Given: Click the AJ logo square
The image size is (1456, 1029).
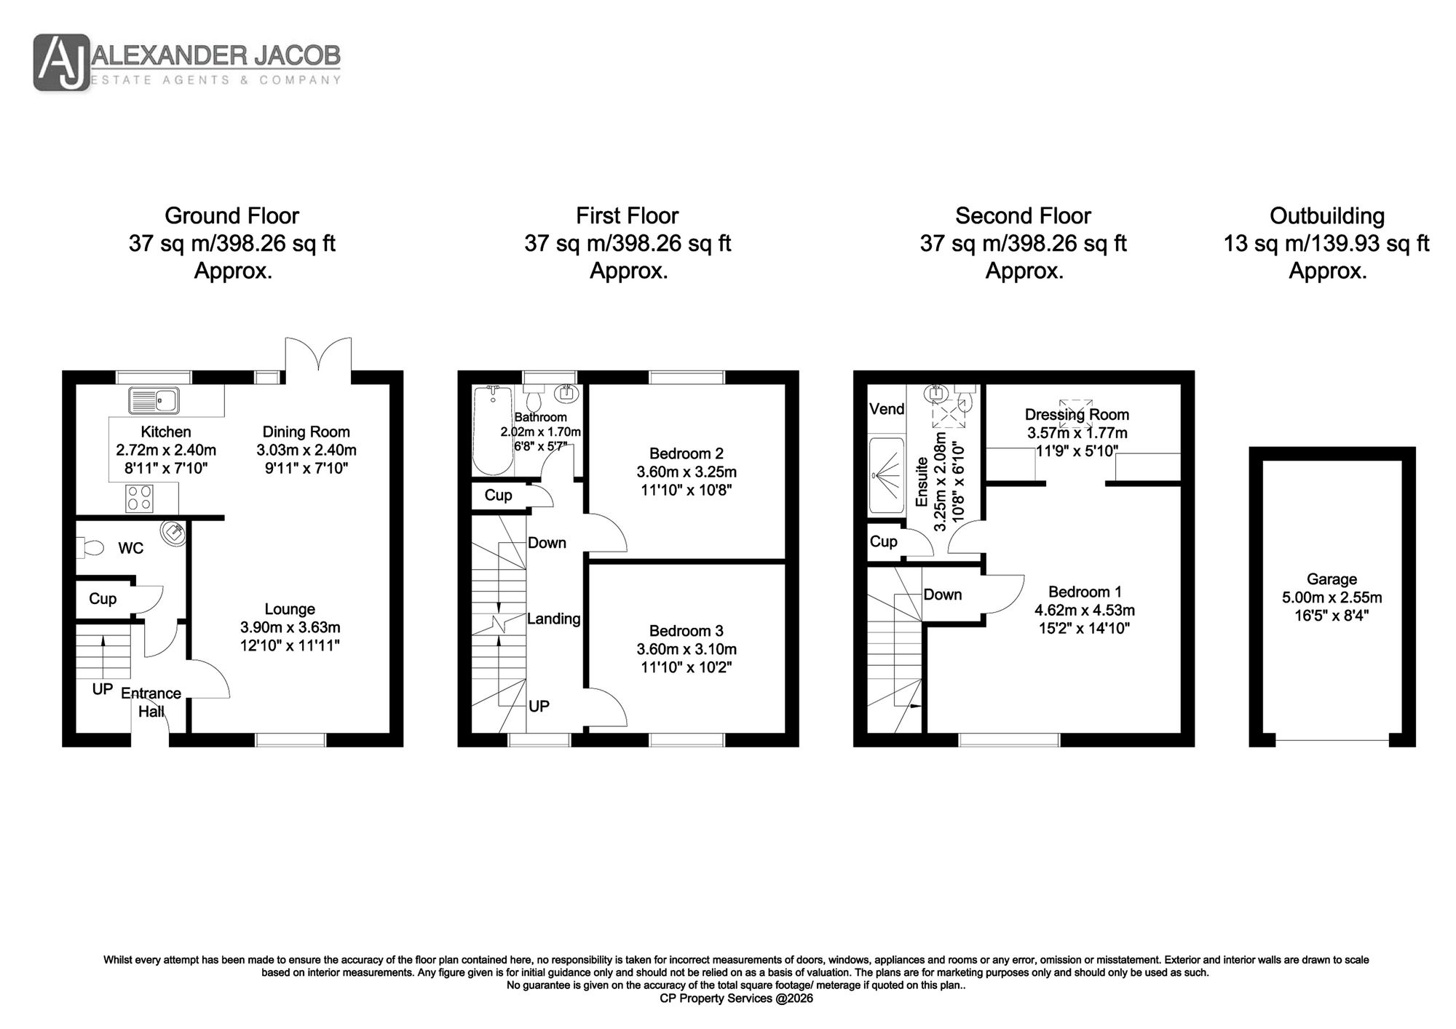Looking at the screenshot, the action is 62,63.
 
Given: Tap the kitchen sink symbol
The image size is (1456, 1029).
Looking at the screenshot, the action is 154,400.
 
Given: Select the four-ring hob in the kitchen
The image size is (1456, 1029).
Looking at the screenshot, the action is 140,498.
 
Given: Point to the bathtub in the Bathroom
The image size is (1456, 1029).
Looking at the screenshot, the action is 494,430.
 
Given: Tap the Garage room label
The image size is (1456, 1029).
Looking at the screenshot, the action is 1332,579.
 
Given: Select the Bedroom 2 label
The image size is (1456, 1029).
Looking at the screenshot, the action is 687,454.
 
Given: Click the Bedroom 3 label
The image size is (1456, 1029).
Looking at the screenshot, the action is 687,631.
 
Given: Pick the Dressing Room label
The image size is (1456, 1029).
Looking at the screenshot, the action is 1077,415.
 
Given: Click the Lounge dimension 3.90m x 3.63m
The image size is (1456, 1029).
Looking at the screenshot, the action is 290,627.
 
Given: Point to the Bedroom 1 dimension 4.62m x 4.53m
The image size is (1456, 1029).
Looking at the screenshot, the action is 1085,610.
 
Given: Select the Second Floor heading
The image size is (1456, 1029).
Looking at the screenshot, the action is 1023,216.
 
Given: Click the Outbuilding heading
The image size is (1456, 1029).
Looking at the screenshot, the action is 1327,216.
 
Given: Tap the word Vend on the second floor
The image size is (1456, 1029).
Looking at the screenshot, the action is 887,409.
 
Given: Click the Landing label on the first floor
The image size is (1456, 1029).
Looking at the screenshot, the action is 553,619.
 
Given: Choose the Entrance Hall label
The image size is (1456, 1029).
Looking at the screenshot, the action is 151,702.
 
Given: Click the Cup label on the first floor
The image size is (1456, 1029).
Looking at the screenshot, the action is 498,496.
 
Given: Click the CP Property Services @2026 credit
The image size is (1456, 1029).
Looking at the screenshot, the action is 736,998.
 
